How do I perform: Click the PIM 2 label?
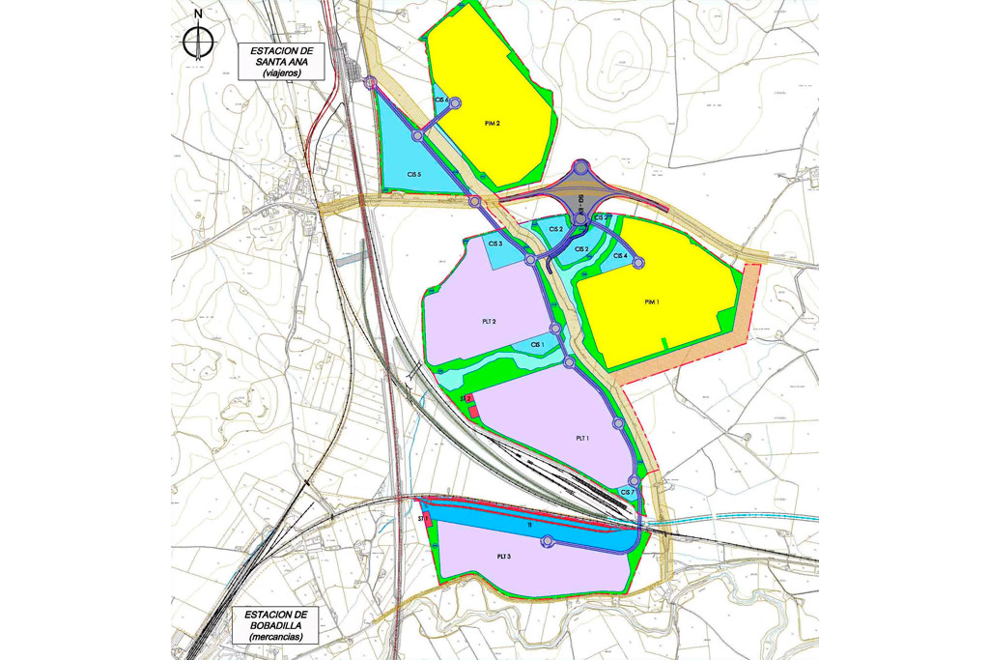[492, 124]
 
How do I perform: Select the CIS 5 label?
[415, 174]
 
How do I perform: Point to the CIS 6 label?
[441, 100]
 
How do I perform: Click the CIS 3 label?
[494, 244]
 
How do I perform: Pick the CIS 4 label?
[620, 256]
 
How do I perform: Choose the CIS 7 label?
[627, 492]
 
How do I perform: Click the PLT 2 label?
[489, 322]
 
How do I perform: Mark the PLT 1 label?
[582, 438]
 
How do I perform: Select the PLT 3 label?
[503, 557]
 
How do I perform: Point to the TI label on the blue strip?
[529, 525]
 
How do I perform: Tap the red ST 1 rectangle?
[426, 518]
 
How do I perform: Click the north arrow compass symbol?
[198, 40]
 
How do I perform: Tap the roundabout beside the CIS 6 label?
[456, 102]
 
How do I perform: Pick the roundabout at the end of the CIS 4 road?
[638, 263]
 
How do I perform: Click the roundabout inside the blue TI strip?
[548, 542]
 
